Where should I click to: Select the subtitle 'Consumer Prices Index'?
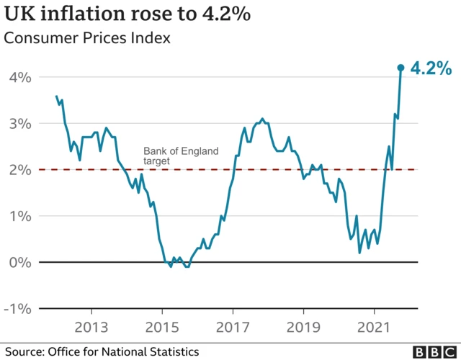[87, 38]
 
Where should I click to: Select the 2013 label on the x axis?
[92, 326]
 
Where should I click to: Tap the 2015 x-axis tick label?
[163, 326]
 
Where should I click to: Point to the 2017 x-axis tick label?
[233, 326]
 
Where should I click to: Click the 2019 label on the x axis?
[303, 326]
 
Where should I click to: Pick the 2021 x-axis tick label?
[374, 326]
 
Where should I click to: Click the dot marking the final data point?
[401, 68]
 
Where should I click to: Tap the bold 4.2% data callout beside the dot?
[431, 69]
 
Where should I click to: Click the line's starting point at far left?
[56, 96]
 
